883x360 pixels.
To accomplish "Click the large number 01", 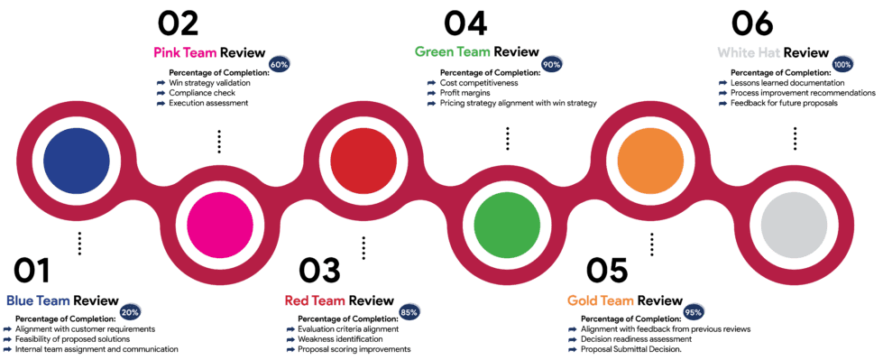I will [32, 271].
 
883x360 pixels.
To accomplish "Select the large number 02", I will [178, 23].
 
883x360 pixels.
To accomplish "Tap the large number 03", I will [320, 271].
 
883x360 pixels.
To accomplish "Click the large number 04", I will [465, 23].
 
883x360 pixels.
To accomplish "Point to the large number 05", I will [606, 271].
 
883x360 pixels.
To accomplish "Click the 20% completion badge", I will [131, 311].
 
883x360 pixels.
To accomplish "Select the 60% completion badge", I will [279, 65].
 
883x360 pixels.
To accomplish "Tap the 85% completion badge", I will [409, 312].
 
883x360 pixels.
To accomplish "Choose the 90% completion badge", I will [552, 65].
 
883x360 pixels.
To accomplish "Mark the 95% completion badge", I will [694, 312].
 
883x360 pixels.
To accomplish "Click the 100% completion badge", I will [843, 65].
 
